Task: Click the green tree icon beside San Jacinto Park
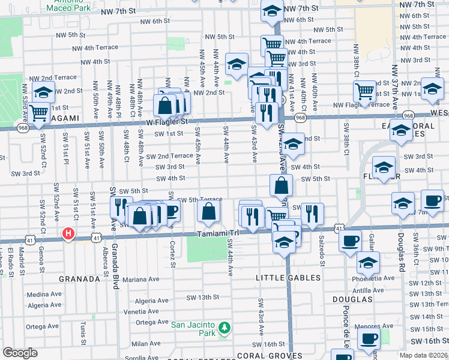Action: click(x=224, y=328)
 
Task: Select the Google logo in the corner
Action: click(x=20, y=353)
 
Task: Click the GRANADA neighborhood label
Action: click(x=79, y=279)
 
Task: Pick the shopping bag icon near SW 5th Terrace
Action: click(x=208, y=212)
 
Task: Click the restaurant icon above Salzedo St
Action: click(x=312, y=213)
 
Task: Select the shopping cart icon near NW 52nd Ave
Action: click(x=38, y=112)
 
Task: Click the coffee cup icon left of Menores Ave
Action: click(x=368, y=338)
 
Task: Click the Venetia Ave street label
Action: click(x=142, y=312)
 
